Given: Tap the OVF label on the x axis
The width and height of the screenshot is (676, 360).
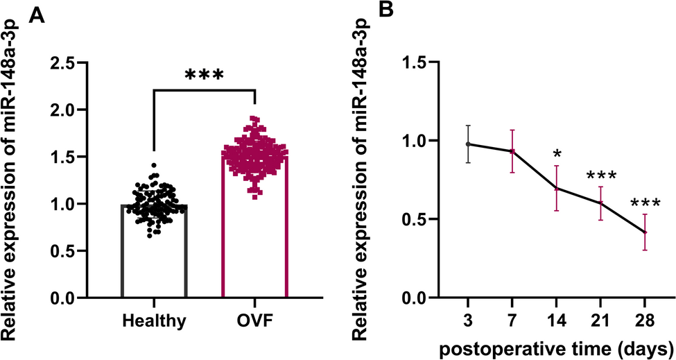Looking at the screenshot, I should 256,321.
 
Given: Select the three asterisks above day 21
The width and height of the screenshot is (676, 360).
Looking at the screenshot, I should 601,176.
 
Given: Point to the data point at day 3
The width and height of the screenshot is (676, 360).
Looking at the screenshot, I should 469,144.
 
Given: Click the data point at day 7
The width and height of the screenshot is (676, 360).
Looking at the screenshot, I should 512,151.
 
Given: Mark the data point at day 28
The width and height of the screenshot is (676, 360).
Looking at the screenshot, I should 645,232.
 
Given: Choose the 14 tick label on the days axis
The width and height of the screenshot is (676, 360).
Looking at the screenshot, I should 556,321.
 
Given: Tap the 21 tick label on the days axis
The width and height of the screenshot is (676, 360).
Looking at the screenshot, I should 600,321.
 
